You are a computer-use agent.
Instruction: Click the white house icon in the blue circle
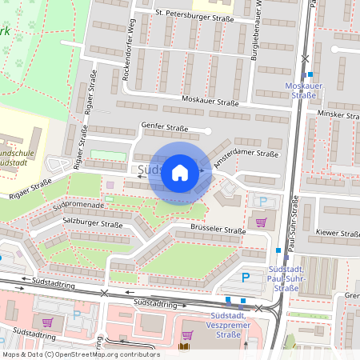(180, 173)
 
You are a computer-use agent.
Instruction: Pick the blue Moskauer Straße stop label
(301, 90)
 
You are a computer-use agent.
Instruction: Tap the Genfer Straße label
(164, 126)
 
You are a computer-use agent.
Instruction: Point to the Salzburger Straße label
(93, 226)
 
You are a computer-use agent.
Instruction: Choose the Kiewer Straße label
(339, 234)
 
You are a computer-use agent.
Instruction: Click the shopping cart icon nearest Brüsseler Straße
(261, 222)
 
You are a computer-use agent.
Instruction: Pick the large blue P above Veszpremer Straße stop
(246, 276)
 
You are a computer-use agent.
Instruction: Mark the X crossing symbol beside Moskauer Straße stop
(304, 58)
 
